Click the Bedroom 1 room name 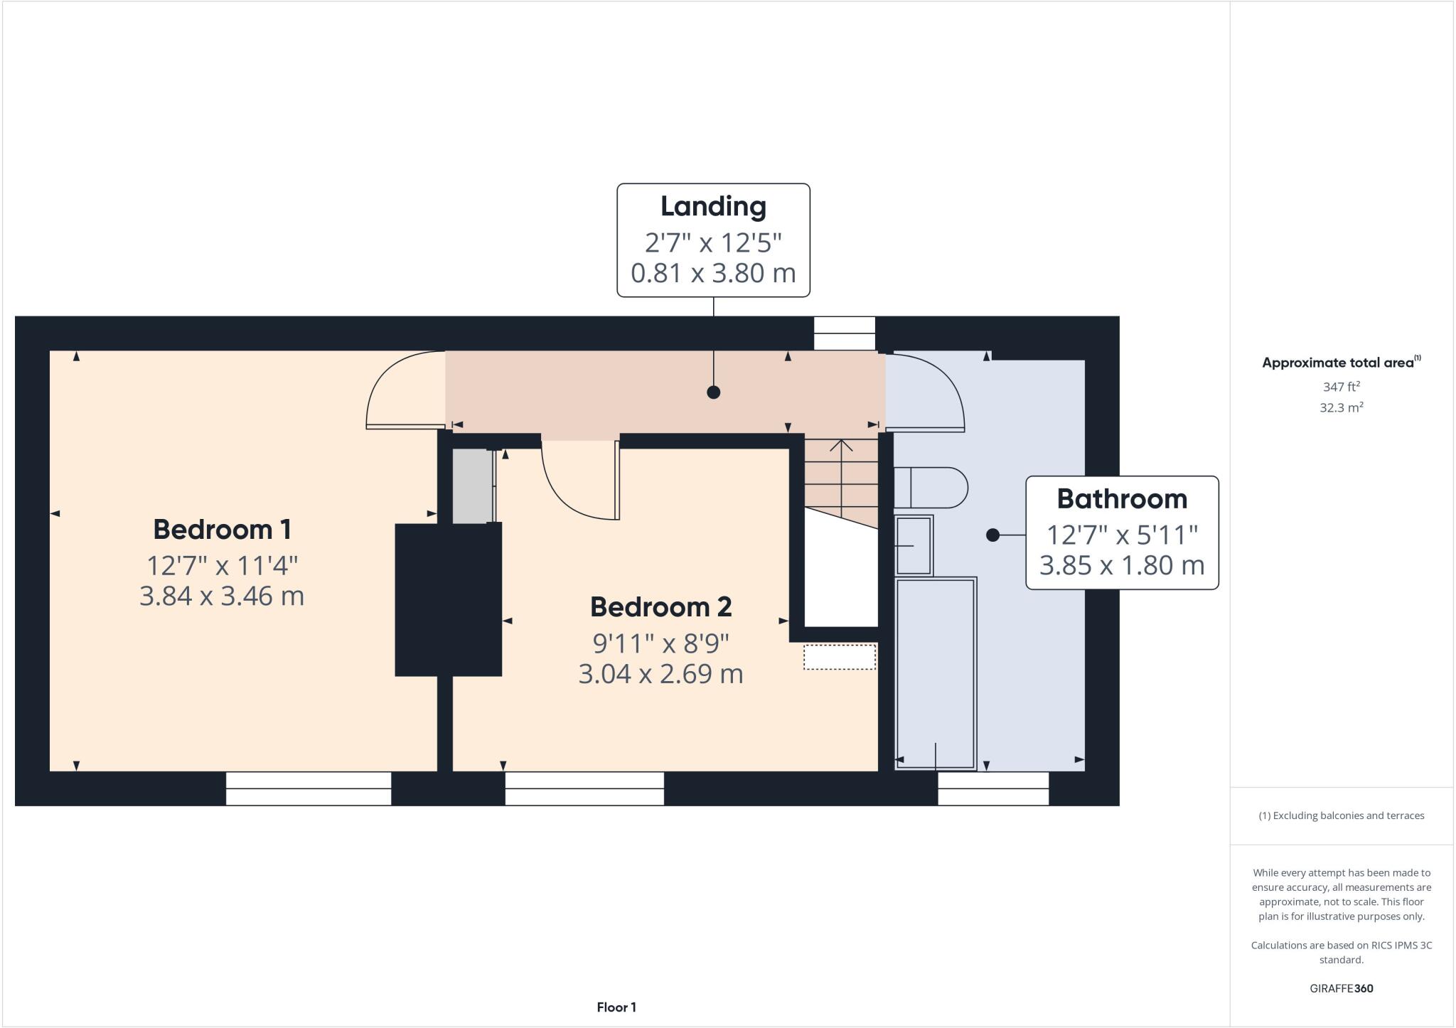[222, 530]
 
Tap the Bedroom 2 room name [660, 607]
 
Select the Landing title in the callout [713, 207]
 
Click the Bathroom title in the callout [1122, 499]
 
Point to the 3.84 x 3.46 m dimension [222, 596]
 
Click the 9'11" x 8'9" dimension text [660, 644]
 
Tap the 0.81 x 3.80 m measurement [713, 273]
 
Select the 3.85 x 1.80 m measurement [1122, 566]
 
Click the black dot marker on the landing [714, 392]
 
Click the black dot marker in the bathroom [993, 535]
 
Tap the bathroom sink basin [914, 545]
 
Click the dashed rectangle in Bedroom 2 [839, 657]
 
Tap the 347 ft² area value [1341, 387]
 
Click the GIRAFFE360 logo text [1341, 989]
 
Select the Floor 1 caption [616, 1007]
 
